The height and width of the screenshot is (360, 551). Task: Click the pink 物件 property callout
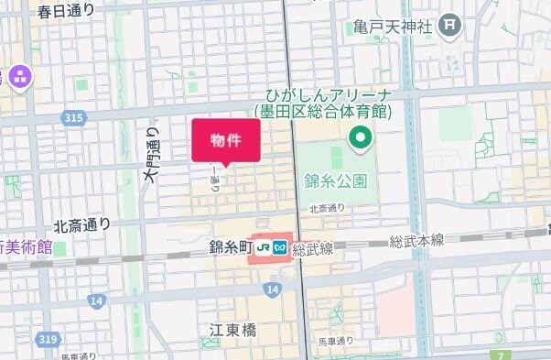click(x=225, y=140)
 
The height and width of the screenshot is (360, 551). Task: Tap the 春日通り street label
click(x=66, y=12)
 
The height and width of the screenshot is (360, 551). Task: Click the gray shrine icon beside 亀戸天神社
click(x=448, y=26)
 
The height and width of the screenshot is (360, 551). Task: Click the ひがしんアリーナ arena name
click(x=327, y=95)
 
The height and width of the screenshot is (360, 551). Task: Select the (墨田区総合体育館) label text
click(x=323, y=112)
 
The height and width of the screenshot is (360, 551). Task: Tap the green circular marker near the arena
click(x=361, y=139)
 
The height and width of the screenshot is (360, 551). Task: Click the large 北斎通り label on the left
click(x=81, y=224)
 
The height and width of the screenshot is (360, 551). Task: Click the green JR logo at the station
click(x=264, y=247)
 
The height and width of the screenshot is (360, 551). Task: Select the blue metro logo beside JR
click(x=280, y=247)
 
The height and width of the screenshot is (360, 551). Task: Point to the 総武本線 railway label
click(x=416, y=240)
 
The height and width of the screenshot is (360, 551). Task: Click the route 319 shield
click(x=47, y=339)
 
